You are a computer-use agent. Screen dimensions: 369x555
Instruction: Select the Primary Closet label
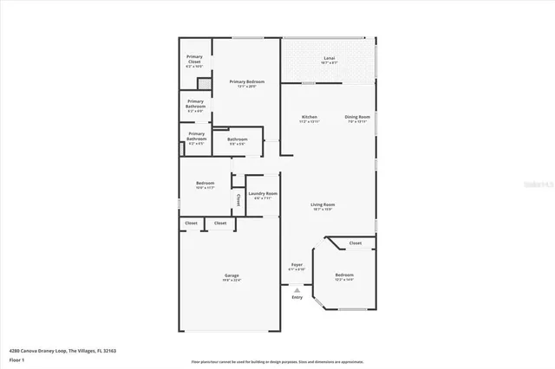(195, 60)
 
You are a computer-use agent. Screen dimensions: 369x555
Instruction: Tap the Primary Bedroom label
(246, 83)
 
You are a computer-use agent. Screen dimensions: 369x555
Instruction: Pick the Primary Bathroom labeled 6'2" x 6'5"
(195, 138)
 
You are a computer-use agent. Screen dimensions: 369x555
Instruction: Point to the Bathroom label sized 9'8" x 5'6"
(238, 141)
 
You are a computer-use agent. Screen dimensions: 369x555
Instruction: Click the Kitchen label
(310, 119)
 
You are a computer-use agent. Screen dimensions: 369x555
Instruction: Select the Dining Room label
(358, 119)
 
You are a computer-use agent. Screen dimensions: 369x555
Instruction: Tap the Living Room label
(323, 206)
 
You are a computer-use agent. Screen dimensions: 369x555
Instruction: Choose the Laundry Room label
(265, 195)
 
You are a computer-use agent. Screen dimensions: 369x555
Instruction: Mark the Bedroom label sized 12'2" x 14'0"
(344, 276)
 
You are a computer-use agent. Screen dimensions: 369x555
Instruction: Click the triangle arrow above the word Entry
(297, 289)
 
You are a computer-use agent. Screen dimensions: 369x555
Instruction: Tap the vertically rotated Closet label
(238, 199)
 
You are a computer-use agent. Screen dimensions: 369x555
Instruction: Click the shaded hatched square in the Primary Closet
(205, 83)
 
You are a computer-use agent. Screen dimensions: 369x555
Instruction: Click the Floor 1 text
(16, 359)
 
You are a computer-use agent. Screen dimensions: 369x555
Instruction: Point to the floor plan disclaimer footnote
(277, 360)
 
